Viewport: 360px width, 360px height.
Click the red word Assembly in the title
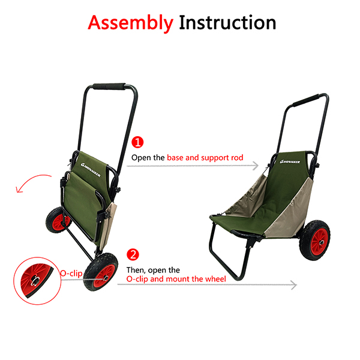pos(130,23)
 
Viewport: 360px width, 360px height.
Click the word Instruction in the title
pos(227,23)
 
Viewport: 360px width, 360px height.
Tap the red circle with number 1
pos(137,142)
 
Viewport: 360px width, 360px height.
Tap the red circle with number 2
pos(133,254)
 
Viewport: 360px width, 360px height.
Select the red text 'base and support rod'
pos(205,158)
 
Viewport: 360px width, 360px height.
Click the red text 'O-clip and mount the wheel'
pos(176,279)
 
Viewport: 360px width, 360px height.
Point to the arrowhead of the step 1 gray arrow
pos(256,166)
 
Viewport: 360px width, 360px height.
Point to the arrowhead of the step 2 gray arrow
pos(294,285)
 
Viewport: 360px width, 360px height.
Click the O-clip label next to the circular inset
pos(71,273)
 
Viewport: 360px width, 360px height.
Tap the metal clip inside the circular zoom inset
pos(35,281)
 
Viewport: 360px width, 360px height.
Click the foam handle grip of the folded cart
pos(109,86)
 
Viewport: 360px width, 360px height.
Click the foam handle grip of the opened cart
pos(306,100)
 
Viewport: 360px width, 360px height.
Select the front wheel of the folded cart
pos(101,272)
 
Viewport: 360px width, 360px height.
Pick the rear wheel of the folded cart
pos(58,220)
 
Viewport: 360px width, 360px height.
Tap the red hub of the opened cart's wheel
pos(319,241)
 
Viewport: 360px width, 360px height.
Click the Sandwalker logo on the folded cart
pos(91,170)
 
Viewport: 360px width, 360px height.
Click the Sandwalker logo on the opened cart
pos(290,161)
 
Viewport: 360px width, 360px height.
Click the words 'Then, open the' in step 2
pos(153,270)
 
